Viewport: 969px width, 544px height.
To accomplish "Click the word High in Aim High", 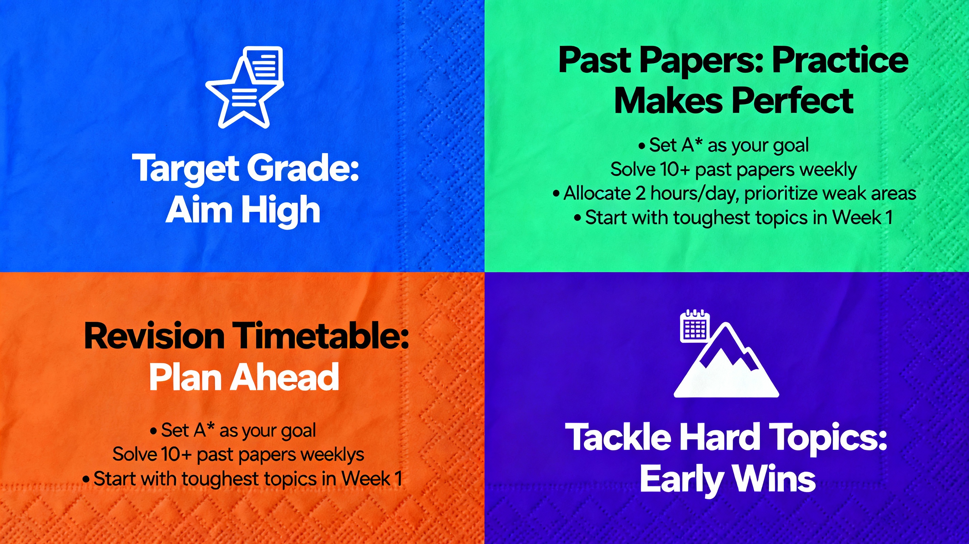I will [x=280, y=210].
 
